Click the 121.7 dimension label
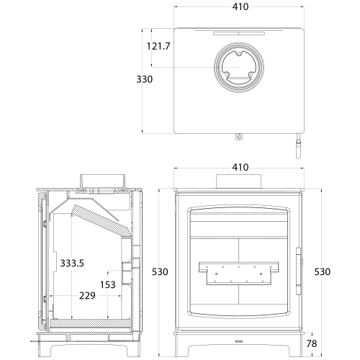158,46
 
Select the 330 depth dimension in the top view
145,79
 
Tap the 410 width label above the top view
240,6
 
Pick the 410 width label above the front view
240,167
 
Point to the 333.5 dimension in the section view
72,263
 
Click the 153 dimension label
108,284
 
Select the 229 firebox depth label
87,295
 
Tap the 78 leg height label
312,343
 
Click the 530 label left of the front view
160,271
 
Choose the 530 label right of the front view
323,271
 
